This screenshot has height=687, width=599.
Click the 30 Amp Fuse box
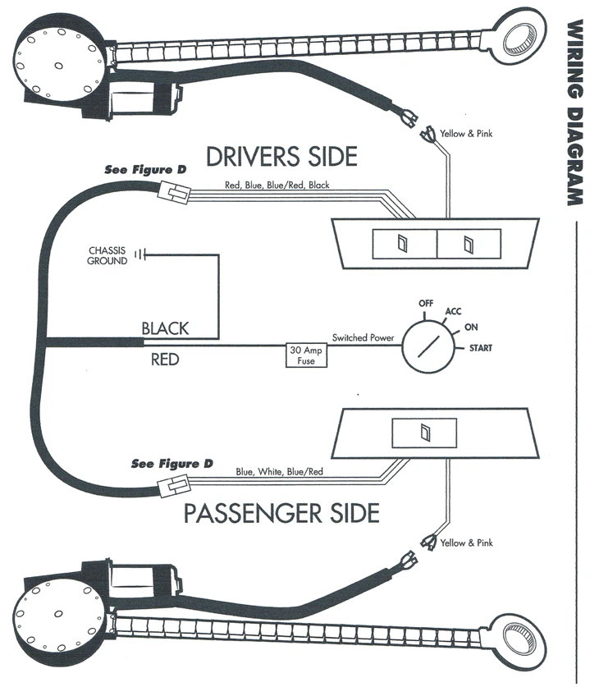tap(305, 355)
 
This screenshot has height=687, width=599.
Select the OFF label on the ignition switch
tap(425, 304)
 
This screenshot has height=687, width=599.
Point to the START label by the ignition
tap(480, 349)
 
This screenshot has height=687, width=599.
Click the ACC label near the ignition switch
tap(453, 311)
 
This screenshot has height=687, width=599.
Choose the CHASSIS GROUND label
tap(107, 256)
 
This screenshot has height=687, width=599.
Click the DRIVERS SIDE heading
tap(281, 155)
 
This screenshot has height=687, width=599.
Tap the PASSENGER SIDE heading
tap(281, 514)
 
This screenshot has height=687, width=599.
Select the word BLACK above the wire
tap(165, 328)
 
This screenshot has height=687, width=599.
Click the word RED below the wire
tap(165, 360)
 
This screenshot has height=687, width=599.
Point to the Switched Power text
tap(363, 337)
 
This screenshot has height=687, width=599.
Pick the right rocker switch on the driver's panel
tap(468, 244)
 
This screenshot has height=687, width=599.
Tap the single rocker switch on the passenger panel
tap(424, 433)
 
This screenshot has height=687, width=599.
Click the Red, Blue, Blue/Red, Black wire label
tap(277, 185)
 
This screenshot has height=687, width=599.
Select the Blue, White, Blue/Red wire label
tap(279, 472)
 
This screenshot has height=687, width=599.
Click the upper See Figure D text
tap(145, 170)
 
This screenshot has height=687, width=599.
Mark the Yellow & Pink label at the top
tap(466, 134)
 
